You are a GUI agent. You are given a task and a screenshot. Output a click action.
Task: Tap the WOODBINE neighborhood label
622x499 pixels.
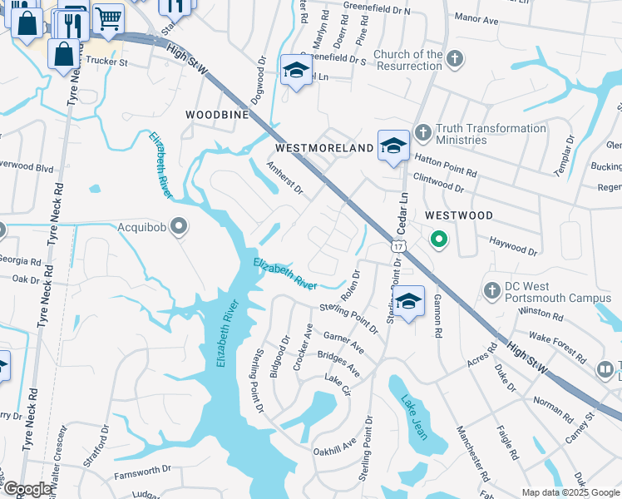pos(217,115)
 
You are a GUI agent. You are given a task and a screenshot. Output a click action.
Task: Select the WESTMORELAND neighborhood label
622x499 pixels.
pos(324,148)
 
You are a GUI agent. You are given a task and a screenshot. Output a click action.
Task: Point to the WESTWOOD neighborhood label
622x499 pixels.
pos(458,215)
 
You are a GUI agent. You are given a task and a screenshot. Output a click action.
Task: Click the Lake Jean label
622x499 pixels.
pos(412,413)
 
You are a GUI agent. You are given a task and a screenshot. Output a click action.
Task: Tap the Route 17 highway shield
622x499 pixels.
pos(400,247)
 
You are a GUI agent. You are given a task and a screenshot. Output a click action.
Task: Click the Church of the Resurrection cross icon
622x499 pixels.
pos(454,58)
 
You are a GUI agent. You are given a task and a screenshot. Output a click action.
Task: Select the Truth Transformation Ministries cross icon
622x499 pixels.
pos(422,131)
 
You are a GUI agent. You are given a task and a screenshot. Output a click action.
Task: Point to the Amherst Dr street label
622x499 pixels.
pos(285,177)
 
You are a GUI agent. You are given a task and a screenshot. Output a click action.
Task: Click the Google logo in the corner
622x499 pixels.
pos(27,489)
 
